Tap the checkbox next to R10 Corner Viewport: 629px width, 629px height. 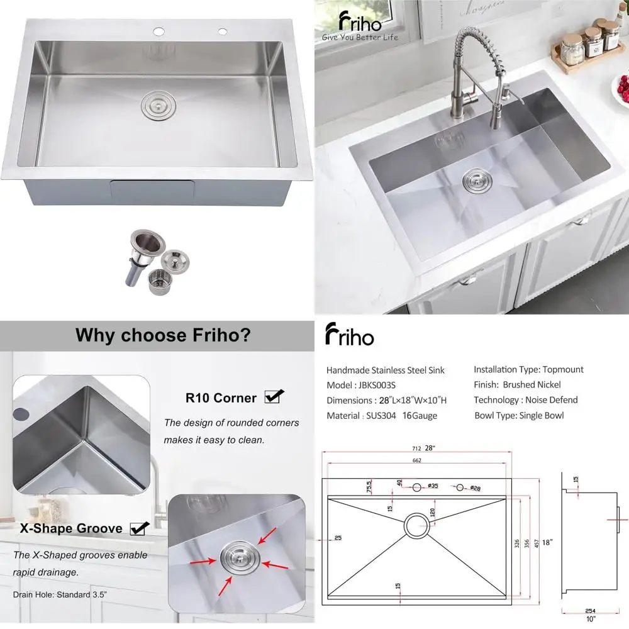pyautogui.click(x=274, y=396)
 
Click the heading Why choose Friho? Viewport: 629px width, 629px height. pyautogui.click(x=164, y=335)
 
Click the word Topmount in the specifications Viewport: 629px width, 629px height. pyautogui.click(x=564, y=370)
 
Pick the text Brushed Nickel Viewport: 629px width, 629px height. pyautogui.click(x=532, y=385)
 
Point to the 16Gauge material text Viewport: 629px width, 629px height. pyautogui.click(x=420, y=416)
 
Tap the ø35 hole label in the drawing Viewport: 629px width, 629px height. pyautogui.click(x=433, y=486)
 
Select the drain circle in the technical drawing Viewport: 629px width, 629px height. pyautogui.click(x=416, y=525)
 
